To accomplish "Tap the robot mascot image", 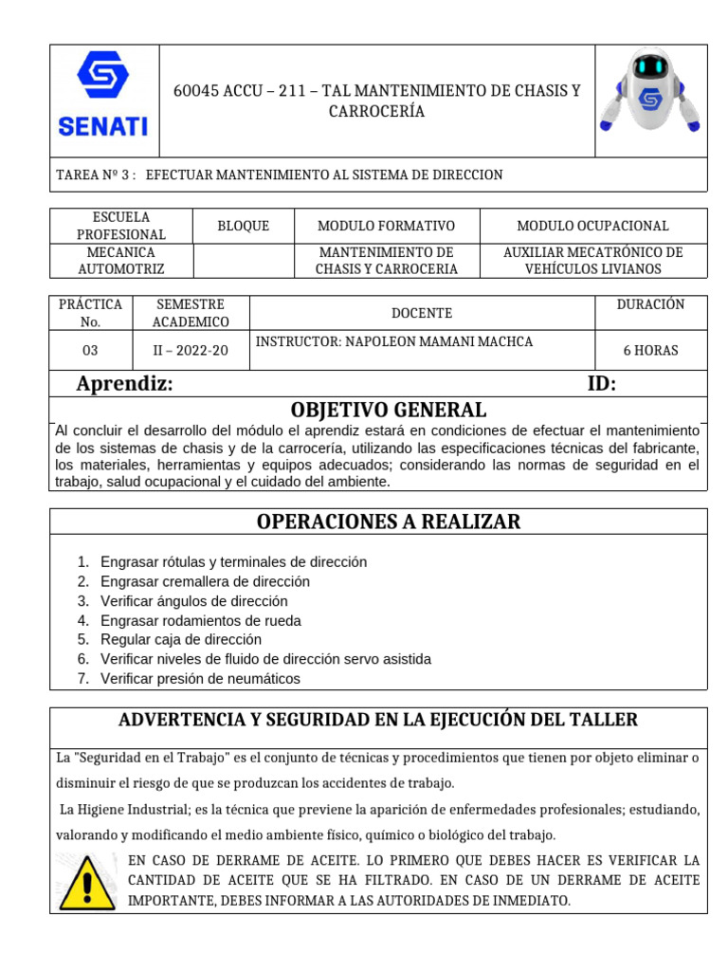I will pos(650,93).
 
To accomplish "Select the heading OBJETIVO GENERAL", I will pos(388,410).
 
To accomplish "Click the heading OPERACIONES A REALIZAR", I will pos(388,522).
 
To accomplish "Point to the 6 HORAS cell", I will pos(650,350).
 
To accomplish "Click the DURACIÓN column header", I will pos(650,304).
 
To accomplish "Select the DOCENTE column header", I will pos(422,313).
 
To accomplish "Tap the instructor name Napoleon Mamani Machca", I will pos(395,341).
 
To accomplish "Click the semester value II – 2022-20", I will pos(191,350).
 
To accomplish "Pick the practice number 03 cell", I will pos(90,350).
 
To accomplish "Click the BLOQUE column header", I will pos(243,226).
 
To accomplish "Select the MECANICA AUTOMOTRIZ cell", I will pos(120,261).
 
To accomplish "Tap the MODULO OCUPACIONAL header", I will pos(592,226).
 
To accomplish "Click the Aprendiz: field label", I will pos(124,384).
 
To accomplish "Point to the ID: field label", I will pos(601,384).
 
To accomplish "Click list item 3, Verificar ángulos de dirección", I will pos(193,601).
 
